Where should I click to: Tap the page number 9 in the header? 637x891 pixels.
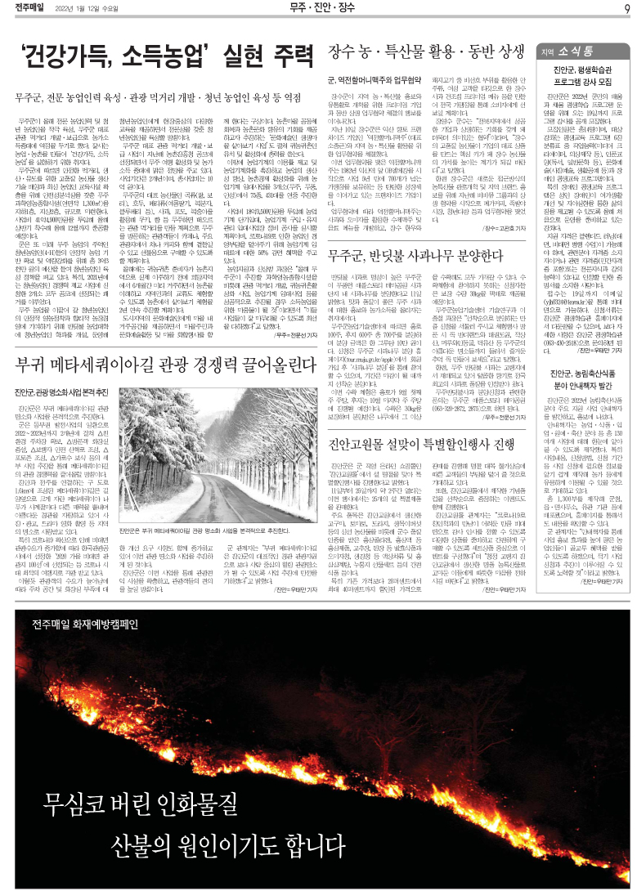(x=625, y=9)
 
